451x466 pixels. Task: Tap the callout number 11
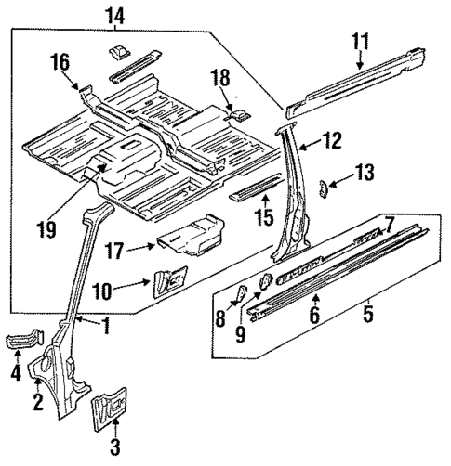coord(361,40)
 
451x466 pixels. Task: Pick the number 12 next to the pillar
coord(333,141)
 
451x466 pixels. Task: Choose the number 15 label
coord(266,216)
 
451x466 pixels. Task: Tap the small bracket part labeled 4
coord(23,342)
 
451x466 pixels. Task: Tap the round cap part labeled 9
coord(263,279)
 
